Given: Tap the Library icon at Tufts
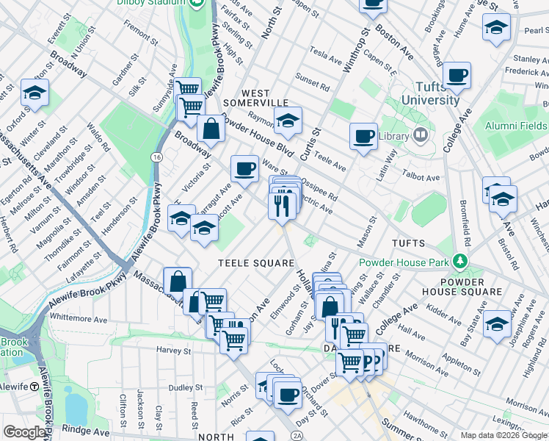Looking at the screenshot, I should coord(420,135).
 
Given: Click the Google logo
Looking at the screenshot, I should coord(25,433).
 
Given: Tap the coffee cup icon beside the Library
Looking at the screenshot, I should coord(363,136).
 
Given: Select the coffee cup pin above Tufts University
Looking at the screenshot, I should coord(457,74).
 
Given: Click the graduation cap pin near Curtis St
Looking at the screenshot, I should coord(288,121).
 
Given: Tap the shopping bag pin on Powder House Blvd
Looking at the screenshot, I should coord(211,129).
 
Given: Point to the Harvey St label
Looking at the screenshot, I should coord(173,351).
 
